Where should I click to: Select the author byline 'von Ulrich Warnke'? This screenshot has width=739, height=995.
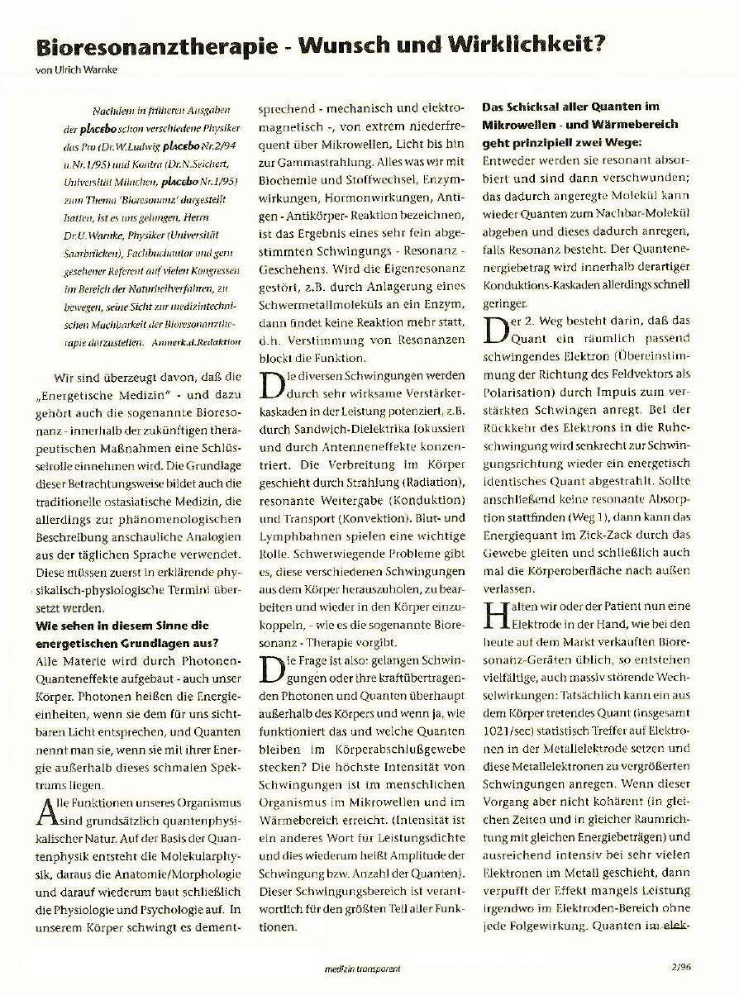tap(76, 70)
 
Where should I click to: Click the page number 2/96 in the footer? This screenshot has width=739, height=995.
tap(682, 964)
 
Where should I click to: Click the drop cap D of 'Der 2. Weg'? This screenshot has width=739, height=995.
tap(493, 329)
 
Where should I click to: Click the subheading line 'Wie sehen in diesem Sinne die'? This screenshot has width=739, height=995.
tap(122, 626)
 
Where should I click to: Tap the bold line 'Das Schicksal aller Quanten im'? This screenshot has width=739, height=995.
tap(570, 107)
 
